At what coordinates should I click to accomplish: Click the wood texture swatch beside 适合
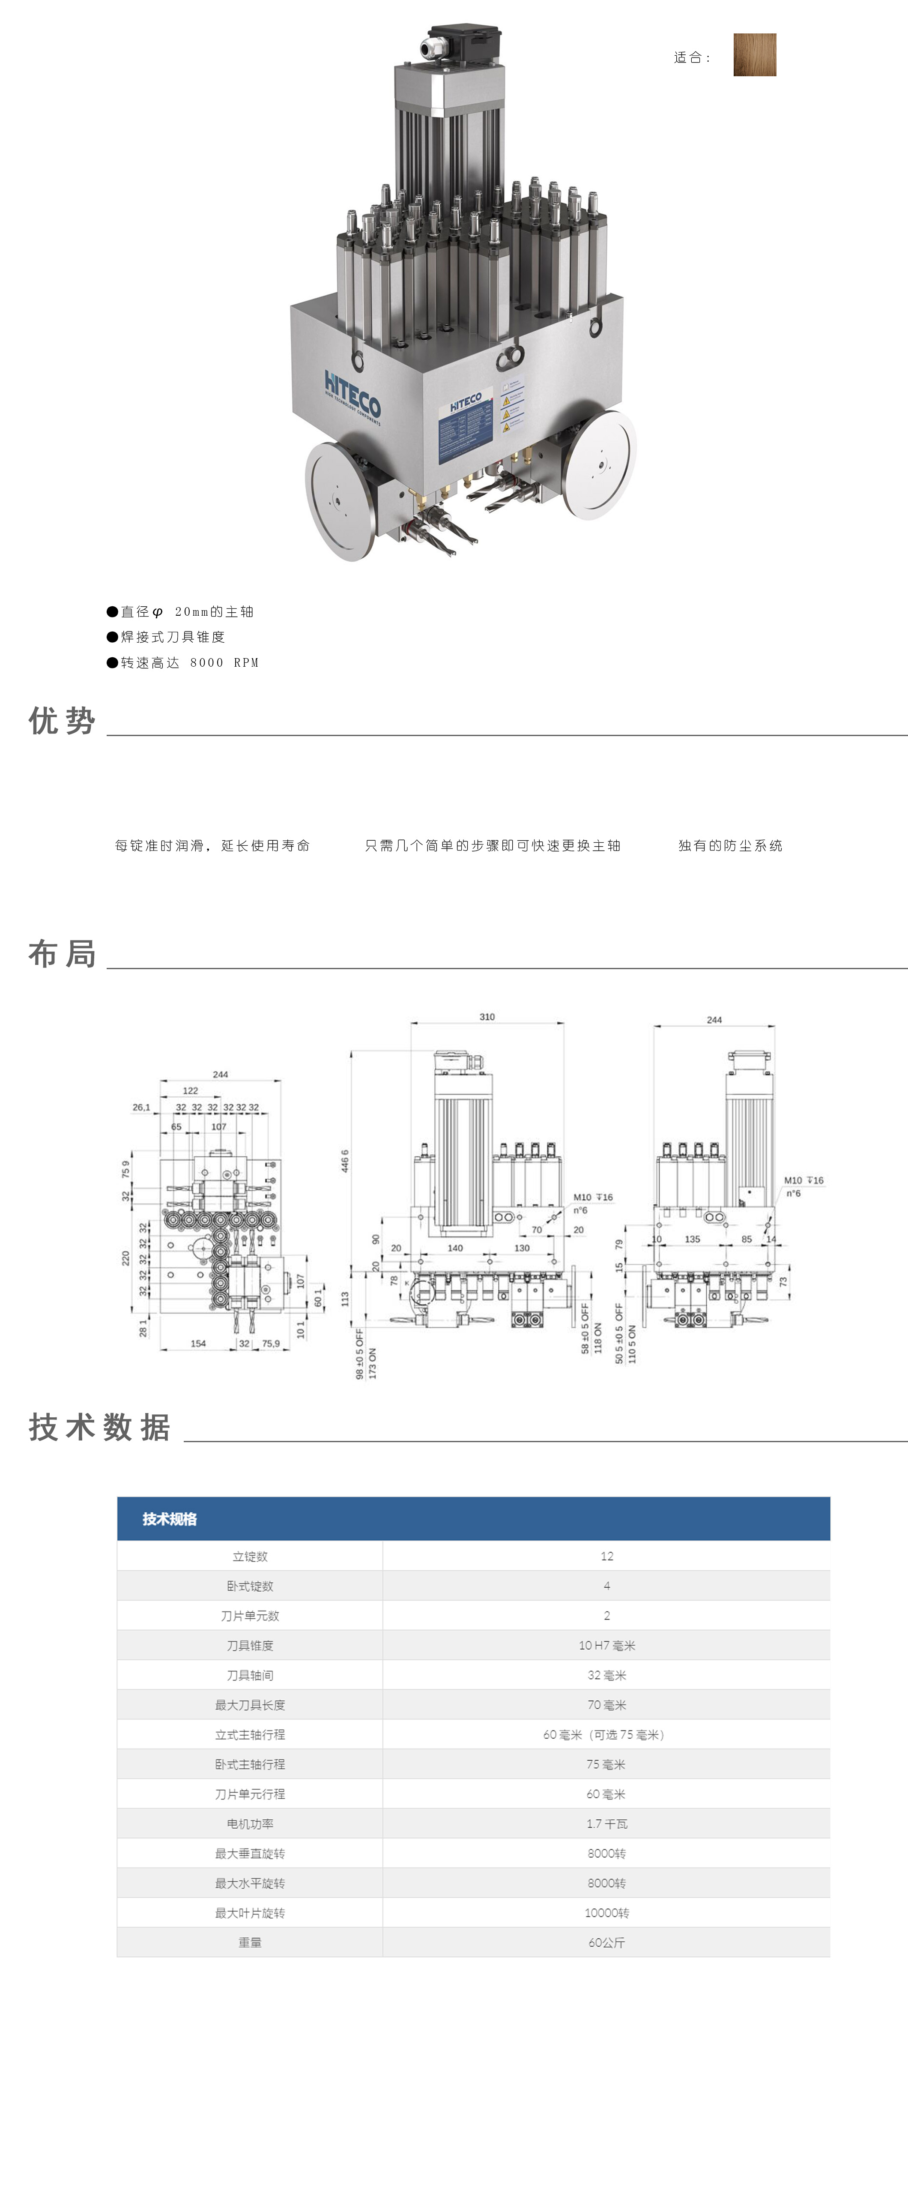pyautogui.click(x=754, y=55)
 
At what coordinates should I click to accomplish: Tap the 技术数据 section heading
pyautogui.click(x=99, y=1427)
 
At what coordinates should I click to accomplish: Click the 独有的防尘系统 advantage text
pyautogui.click(x=730, y=846)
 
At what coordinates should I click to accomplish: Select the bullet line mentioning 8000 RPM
pyautogui.click(x=182, y=663)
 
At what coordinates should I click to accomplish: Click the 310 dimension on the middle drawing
pyautogui.click(x=487, y=1017)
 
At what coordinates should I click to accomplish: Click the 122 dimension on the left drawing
pyautogui.click(x=190, y=1090)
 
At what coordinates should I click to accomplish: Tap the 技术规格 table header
pyautogui.click(x=170, y=1519)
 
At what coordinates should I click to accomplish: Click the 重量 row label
pyautogui.click(x=250, y=1943)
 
